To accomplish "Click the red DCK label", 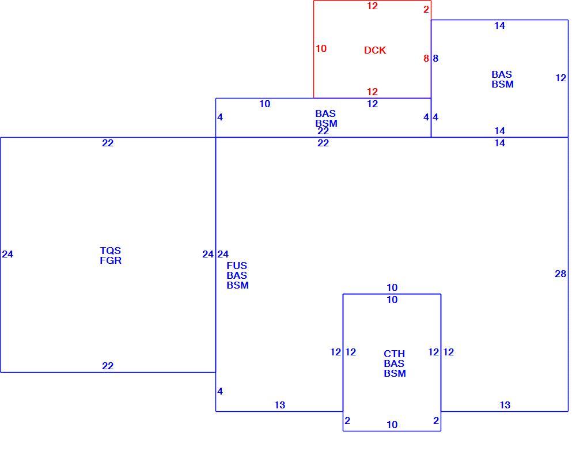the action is tap(375, 50).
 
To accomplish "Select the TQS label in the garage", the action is tap(110, 251).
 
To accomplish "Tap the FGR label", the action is tap(111, 260).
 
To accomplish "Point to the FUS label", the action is tap(237, 266).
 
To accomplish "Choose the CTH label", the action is tap(394, 354).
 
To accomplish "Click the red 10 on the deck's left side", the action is tap(321, 48).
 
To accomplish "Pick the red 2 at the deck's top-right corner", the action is tap(426, 9).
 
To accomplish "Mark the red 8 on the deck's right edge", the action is tap(426, 58).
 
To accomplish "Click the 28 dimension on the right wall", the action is tap(560, 274).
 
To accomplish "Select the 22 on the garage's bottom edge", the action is tap(108, 366).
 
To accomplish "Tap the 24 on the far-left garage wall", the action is tap(7, 254).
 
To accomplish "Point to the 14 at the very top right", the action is tap(499, 25).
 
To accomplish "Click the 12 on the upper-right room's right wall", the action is tap(560, 78).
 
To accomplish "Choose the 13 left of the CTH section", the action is tap(279, 405).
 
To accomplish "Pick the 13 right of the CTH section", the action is tap(505, 405).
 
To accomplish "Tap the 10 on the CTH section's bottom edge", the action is tap(392, 425).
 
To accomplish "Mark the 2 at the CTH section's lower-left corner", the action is tap(347, 420).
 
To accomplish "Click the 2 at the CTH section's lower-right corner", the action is tap(436, 420).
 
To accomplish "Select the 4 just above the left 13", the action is tap(219, 391).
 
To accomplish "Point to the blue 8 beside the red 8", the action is tap(435, 58).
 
